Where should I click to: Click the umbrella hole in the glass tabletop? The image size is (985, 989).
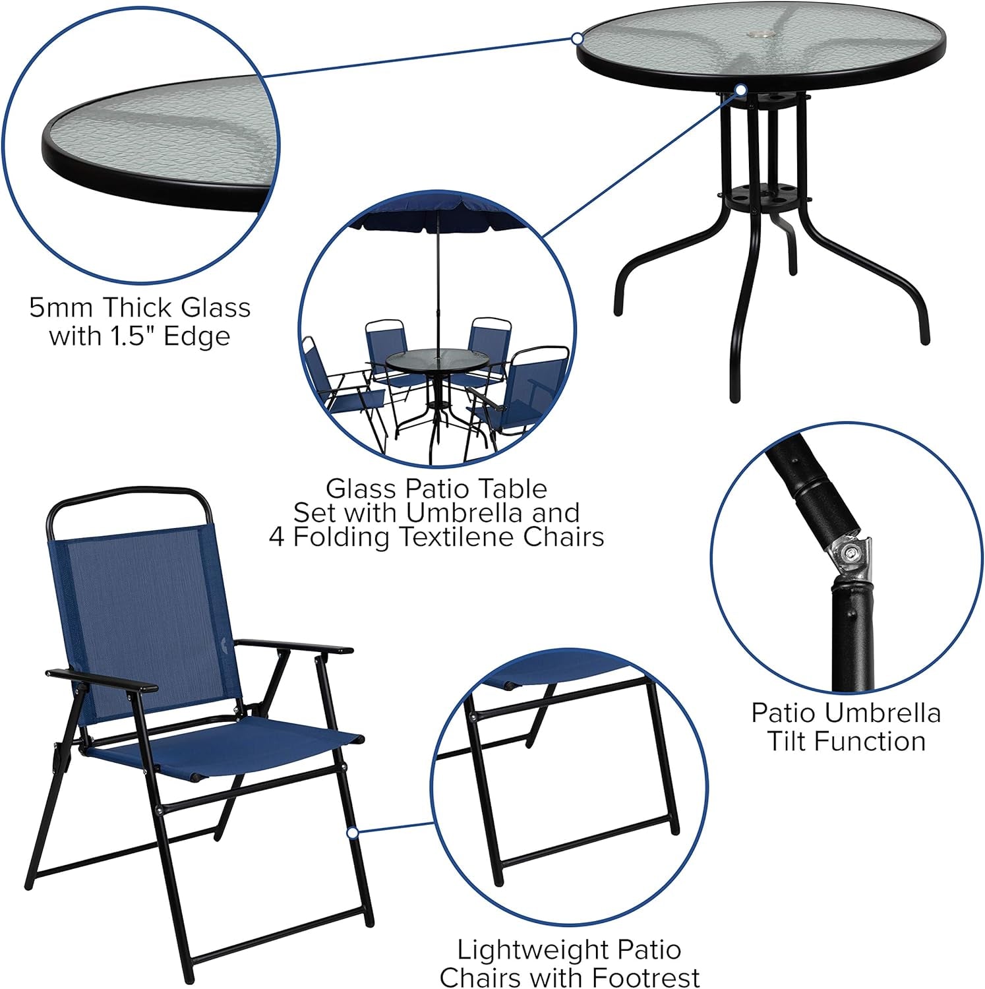click(x=769, y=33)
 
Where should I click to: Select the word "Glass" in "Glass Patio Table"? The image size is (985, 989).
click(x=361, y=489)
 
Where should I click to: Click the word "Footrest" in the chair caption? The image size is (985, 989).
click(x=645, y=977)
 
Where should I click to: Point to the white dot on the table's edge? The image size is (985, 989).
click(x=578, y=38)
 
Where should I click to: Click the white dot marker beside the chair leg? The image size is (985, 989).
click(x=353, y=833)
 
